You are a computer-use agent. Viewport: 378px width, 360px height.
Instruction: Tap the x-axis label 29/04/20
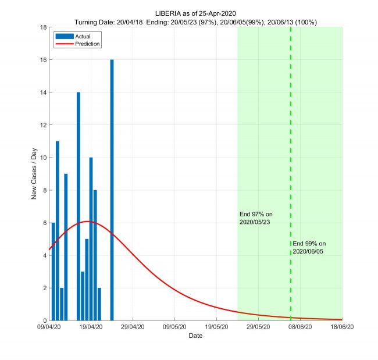coord(133,328)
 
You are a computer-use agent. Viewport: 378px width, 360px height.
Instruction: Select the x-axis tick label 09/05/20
coord(175,328)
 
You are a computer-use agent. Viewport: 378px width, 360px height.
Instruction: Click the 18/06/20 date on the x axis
coord(342,328)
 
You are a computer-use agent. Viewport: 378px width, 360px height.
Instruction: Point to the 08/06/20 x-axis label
coord(300,328)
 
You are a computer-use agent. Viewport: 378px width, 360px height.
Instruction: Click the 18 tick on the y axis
coord(44,27)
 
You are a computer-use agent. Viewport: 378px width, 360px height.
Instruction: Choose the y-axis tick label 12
coord(44,125)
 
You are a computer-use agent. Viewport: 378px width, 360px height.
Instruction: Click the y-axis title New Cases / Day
coord(34,174)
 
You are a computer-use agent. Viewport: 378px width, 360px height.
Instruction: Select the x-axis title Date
coord(195,336)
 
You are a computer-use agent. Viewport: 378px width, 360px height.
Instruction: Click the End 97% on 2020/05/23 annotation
coord(256,218)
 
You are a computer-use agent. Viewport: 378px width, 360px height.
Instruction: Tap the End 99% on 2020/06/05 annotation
coord(309,247)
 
